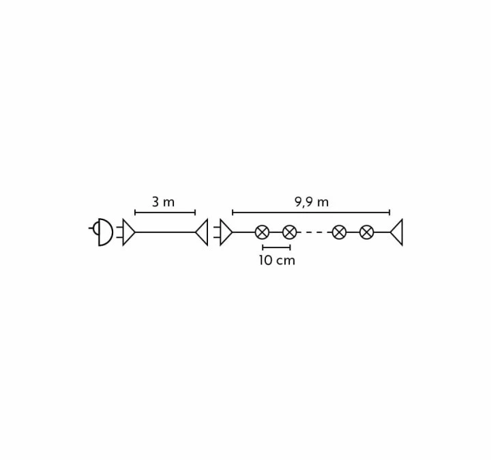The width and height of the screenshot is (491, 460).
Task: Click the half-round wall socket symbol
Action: click(x=106, y=232)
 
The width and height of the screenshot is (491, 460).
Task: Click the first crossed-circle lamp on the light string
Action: click(x=262, y=232)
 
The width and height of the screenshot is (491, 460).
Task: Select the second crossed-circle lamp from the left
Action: click(x=289, y=232)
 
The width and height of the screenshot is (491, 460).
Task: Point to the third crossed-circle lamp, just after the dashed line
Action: click(x=339, y=232)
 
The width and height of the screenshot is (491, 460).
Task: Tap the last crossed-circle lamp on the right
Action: click(x=366, y=232)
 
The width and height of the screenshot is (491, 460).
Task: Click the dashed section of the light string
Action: click(x=314, y=232)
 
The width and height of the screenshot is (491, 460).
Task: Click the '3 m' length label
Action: click(x=163, y=202)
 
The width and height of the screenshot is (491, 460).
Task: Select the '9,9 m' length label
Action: click(x=312, y=202)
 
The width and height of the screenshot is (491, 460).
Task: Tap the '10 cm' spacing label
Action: click(x=277, y=260)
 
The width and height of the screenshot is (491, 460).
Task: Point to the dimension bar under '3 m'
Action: click(x=165, y=213)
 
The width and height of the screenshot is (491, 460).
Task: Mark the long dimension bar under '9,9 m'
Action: click(x=311, y=213)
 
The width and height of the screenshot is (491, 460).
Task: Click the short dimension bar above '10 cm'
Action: click(x=276, y=247)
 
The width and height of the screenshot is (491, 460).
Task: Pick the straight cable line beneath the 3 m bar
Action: click(x=165, y=232)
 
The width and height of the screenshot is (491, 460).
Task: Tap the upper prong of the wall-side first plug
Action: click(x=119, y=227)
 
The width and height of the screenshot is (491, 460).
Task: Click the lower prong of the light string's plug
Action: click(x=217, y=237)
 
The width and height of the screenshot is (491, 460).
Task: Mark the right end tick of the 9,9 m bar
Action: click(x=389, y=213)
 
